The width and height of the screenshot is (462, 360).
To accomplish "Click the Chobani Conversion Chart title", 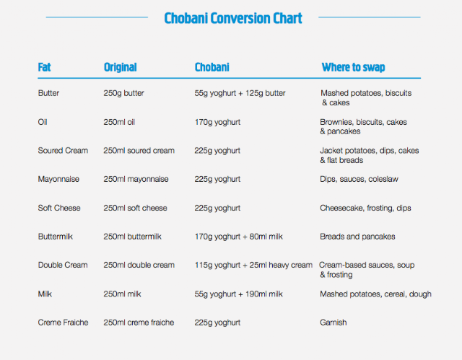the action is pos(233,18).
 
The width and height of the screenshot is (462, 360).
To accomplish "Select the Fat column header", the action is pos(44,67).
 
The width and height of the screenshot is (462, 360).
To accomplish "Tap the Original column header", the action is pos(121,67).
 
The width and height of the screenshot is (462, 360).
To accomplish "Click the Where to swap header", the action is pos(353,67).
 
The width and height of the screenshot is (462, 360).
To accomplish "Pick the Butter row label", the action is pos(48,93).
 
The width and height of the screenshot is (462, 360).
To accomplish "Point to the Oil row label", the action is pos(43,122).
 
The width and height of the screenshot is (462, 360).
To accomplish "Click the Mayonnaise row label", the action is pos(58,179).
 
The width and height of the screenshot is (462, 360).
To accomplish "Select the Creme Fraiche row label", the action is pos(63,322).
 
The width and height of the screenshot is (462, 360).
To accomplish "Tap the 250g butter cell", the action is pos(123,93).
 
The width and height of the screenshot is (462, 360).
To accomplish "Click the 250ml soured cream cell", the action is pos(139,150).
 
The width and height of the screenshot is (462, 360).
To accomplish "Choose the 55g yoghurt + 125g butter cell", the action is pos(240,93).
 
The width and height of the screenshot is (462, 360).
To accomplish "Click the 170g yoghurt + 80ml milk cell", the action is pos(238,237).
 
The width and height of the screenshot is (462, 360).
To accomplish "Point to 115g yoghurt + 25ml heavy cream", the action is pos(253,265).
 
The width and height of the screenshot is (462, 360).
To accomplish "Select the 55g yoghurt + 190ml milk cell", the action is pos(238,294).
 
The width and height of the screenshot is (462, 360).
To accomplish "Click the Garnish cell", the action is pos(334,322).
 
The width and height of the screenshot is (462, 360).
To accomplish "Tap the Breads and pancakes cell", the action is pos(357,237).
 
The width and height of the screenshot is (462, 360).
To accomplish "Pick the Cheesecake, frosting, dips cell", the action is pos(365,208).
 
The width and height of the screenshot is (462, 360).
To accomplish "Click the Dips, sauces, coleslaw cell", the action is pos(359,179).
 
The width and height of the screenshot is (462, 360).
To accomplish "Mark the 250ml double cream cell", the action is pos(139,265).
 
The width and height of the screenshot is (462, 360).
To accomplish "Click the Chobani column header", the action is pos(212,67).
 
